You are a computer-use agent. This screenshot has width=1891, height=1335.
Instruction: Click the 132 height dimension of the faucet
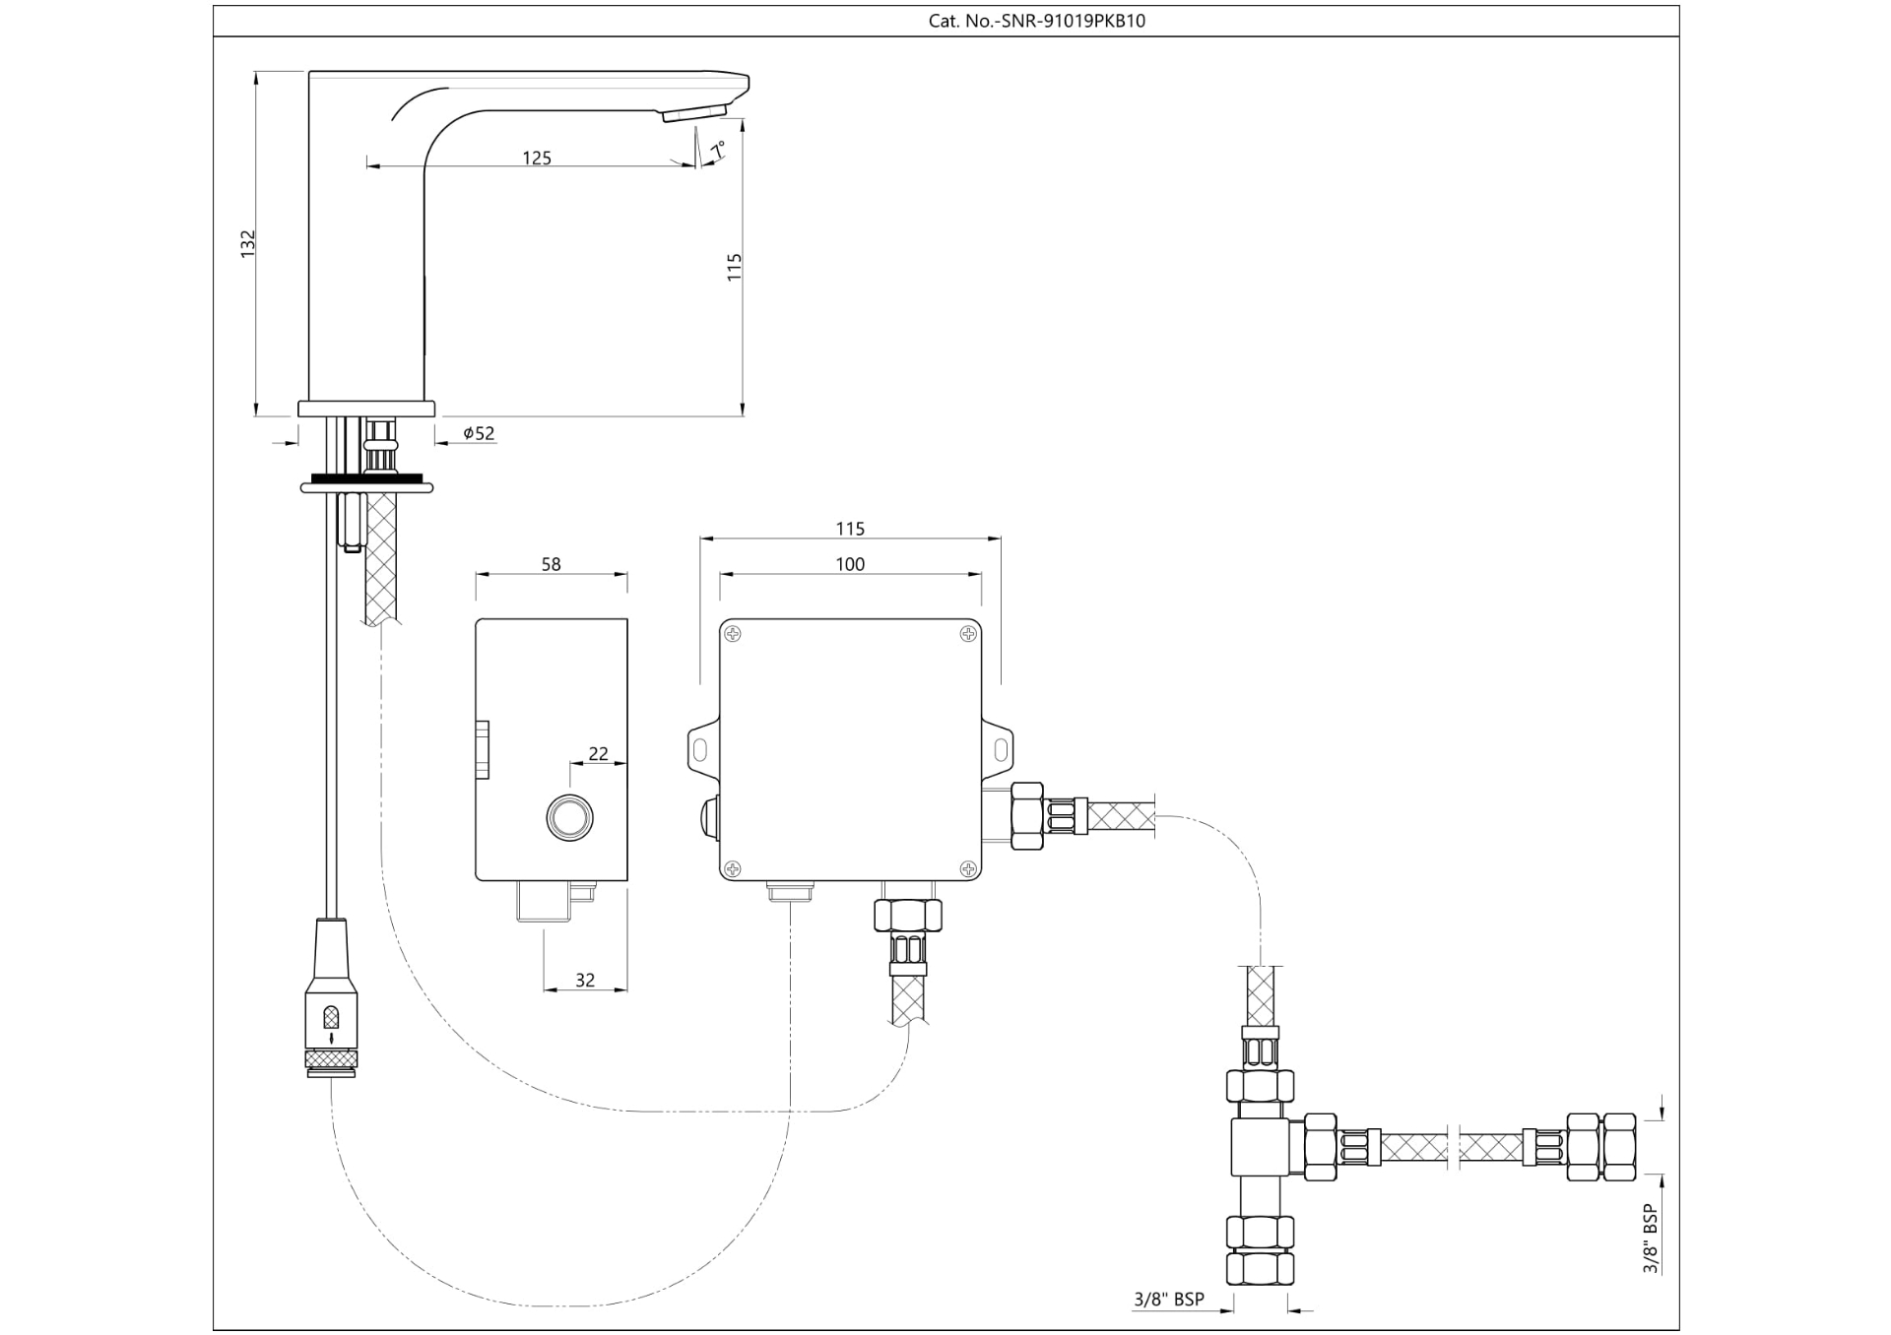pos(248,244)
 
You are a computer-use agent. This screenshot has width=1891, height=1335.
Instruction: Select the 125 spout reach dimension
pos(537,158)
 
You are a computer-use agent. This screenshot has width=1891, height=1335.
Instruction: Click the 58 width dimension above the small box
pos(551,564)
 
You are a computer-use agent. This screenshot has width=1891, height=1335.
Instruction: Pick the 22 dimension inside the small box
pos(598,754)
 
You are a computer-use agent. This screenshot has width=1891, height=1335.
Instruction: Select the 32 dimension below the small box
pos(585,981)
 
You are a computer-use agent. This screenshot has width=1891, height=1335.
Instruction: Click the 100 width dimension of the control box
pos(850,564)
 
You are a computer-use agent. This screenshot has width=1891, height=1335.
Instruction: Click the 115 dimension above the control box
pos(850,529)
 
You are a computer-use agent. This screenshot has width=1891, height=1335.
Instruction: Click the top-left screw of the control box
pos(733,634)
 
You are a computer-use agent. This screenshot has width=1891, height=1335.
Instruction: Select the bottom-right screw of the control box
pos(968,868)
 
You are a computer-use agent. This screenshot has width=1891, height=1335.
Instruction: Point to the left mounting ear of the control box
pos(701,750)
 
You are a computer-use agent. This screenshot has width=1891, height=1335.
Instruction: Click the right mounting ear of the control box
pos(1000,750)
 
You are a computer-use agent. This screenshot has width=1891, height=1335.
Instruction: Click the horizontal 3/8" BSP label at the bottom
pos(1168,1300)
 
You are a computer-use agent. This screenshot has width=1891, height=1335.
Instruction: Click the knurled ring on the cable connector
pos(332,1059)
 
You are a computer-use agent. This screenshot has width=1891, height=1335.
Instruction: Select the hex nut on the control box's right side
pos(1026,816)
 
